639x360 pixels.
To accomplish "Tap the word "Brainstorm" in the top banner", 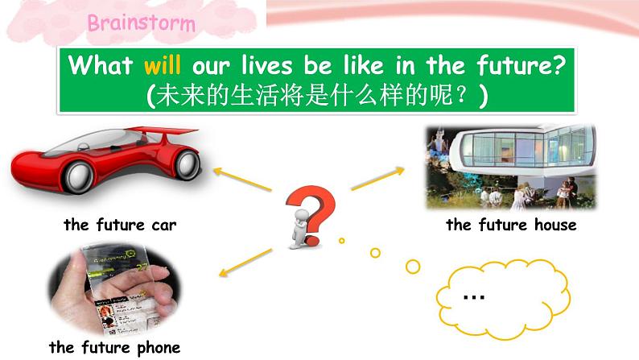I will tap(141, 22).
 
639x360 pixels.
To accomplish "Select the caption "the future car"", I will tap(120, 226).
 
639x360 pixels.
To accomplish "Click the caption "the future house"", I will tap(511, 225).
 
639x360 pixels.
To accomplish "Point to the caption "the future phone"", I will tap(114, 348).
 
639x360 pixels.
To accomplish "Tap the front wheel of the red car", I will tap(80, 176).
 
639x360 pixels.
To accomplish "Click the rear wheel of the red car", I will tap(187, 163).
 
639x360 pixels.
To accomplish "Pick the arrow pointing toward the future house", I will tap(377, 179).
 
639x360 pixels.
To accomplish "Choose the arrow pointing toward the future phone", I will tap(245, 263).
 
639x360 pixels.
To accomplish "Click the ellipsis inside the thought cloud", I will tap(474, 296).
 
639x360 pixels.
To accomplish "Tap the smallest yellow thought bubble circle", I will tap(342, 239).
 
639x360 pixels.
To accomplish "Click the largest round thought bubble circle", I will tap(413, 266).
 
